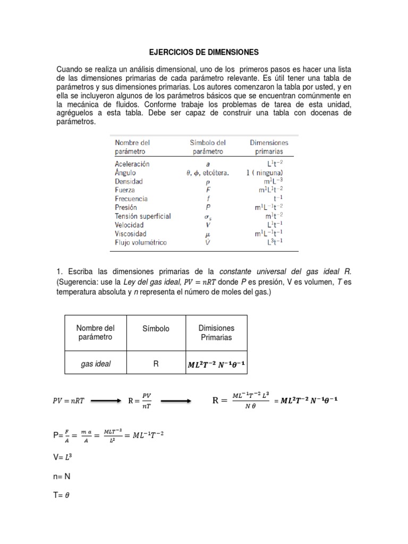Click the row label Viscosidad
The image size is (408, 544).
pos(130,233)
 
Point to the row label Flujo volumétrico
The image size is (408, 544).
pos(140,242)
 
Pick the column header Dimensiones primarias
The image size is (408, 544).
pos(269,147)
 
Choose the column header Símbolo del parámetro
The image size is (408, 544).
pos(208,147)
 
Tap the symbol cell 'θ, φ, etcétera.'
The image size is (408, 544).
pos(208,173)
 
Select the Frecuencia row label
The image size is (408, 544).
pos(131,199)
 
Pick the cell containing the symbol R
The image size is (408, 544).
pos(156,364)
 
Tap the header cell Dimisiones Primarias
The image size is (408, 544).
pos(216,333)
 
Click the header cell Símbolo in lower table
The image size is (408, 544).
pos(156,329)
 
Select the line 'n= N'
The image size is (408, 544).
pos(62,477)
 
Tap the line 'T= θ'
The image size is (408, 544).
pos(62,495)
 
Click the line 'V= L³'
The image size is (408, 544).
pos(62,457)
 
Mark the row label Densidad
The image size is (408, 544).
pos(129,181)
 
